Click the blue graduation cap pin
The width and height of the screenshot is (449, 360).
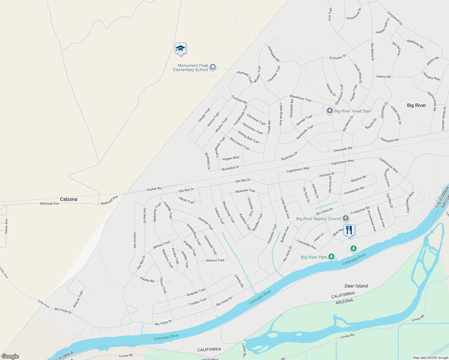coord(180,49)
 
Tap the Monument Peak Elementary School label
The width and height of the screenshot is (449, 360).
coord(191,67)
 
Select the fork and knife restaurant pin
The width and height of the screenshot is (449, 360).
coord(349,230)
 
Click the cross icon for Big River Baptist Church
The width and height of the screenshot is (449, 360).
coord(346,218)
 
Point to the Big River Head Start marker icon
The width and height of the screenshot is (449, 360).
coord(330,111)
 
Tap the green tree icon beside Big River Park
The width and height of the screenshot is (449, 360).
coord(331,256)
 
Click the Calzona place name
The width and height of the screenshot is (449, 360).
coord(69,199)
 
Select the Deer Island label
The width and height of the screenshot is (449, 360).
coord(356,286)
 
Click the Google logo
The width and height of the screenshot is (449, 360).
coord(10,356)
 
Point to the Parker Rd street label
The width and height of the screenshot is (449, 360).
coord(154,189)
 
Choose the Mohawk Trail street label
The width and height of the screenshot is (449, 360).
coord(245,191)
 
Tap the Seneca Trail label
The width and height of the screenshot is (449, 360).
coord(215,260)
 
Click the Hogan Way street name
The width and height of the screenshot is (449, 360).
coord(231,158)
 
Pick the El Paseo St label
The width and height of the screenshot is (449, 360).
coord(338,57)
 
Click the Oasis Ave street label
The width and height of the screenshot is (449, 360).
coord(6,226)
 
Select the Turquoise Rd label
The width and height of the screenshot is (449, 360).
coord(360,210)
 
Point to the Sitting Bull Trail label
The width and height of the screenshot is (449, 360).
coord(249,137)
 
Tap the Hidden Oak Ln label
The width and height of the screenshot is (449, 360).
coord(383,26)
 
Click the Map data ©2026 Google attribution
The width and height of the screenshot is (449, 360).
coord(430,358)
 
